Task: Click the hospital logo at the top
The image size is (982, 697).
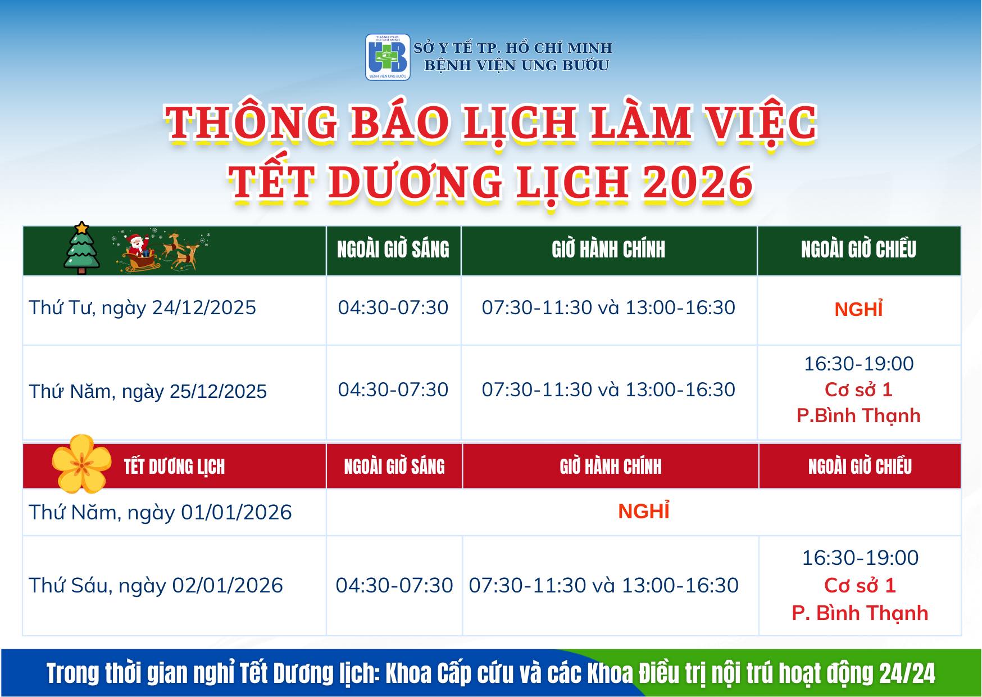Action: pyautogui.click(x=388, y=57)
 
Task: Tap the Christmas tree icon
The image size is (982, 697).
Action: pyautogui.click(x=82, y=248)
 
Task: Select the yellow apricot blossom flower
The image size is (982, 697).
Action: pyautogui.click(x=82, y=464)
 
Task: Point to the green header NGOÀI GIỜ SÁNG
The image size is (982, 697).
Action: pyautogui.click(x=393, y=250)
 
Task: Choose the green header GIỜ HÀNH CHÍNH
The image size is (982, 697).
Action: pyautogui.click(x=608, y=250)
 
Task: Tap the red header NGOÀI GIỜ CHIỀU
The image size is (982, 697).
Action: pyautogui.click(x=860, y=467)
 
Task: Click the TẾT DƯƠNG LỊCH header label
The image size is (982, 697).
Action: pyautogui.click(x=174, y=467)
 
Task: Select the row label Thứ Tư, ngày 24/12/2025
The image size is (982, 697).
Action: pyautogui.click(x=142, y=307)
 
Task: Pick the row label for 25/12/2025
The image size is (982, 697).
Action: pyautogui.click(x=148, y=391)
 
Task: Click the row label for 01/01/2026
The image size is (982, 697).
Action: pyautogui.click(x=160, y=512)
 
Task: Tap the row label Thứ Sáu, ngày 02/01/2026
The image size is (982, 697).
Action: pyautogui.click(x=156, y=585)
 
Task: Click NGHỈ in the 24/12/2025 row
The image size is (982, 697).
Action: pyautogui.click(x=858, y=309)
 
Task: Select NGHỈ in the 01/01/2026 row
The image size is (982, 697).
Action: pyautogui.click(x=644, y=510)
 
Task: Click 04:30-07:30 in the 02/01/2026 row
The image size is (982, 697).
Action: pyautogui.click(x=394, y=585)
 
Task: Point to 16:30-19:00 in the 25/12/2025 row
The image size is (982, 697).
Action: pyautogui.click(x=858, y=364)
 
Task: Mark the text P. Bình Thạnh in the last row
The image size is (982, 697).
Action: pyautogui.click(x=860, y=613)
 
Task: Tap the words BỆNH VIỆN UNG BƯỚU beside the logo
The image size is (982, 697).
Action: pyautogui.click(x=516, y=65)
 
